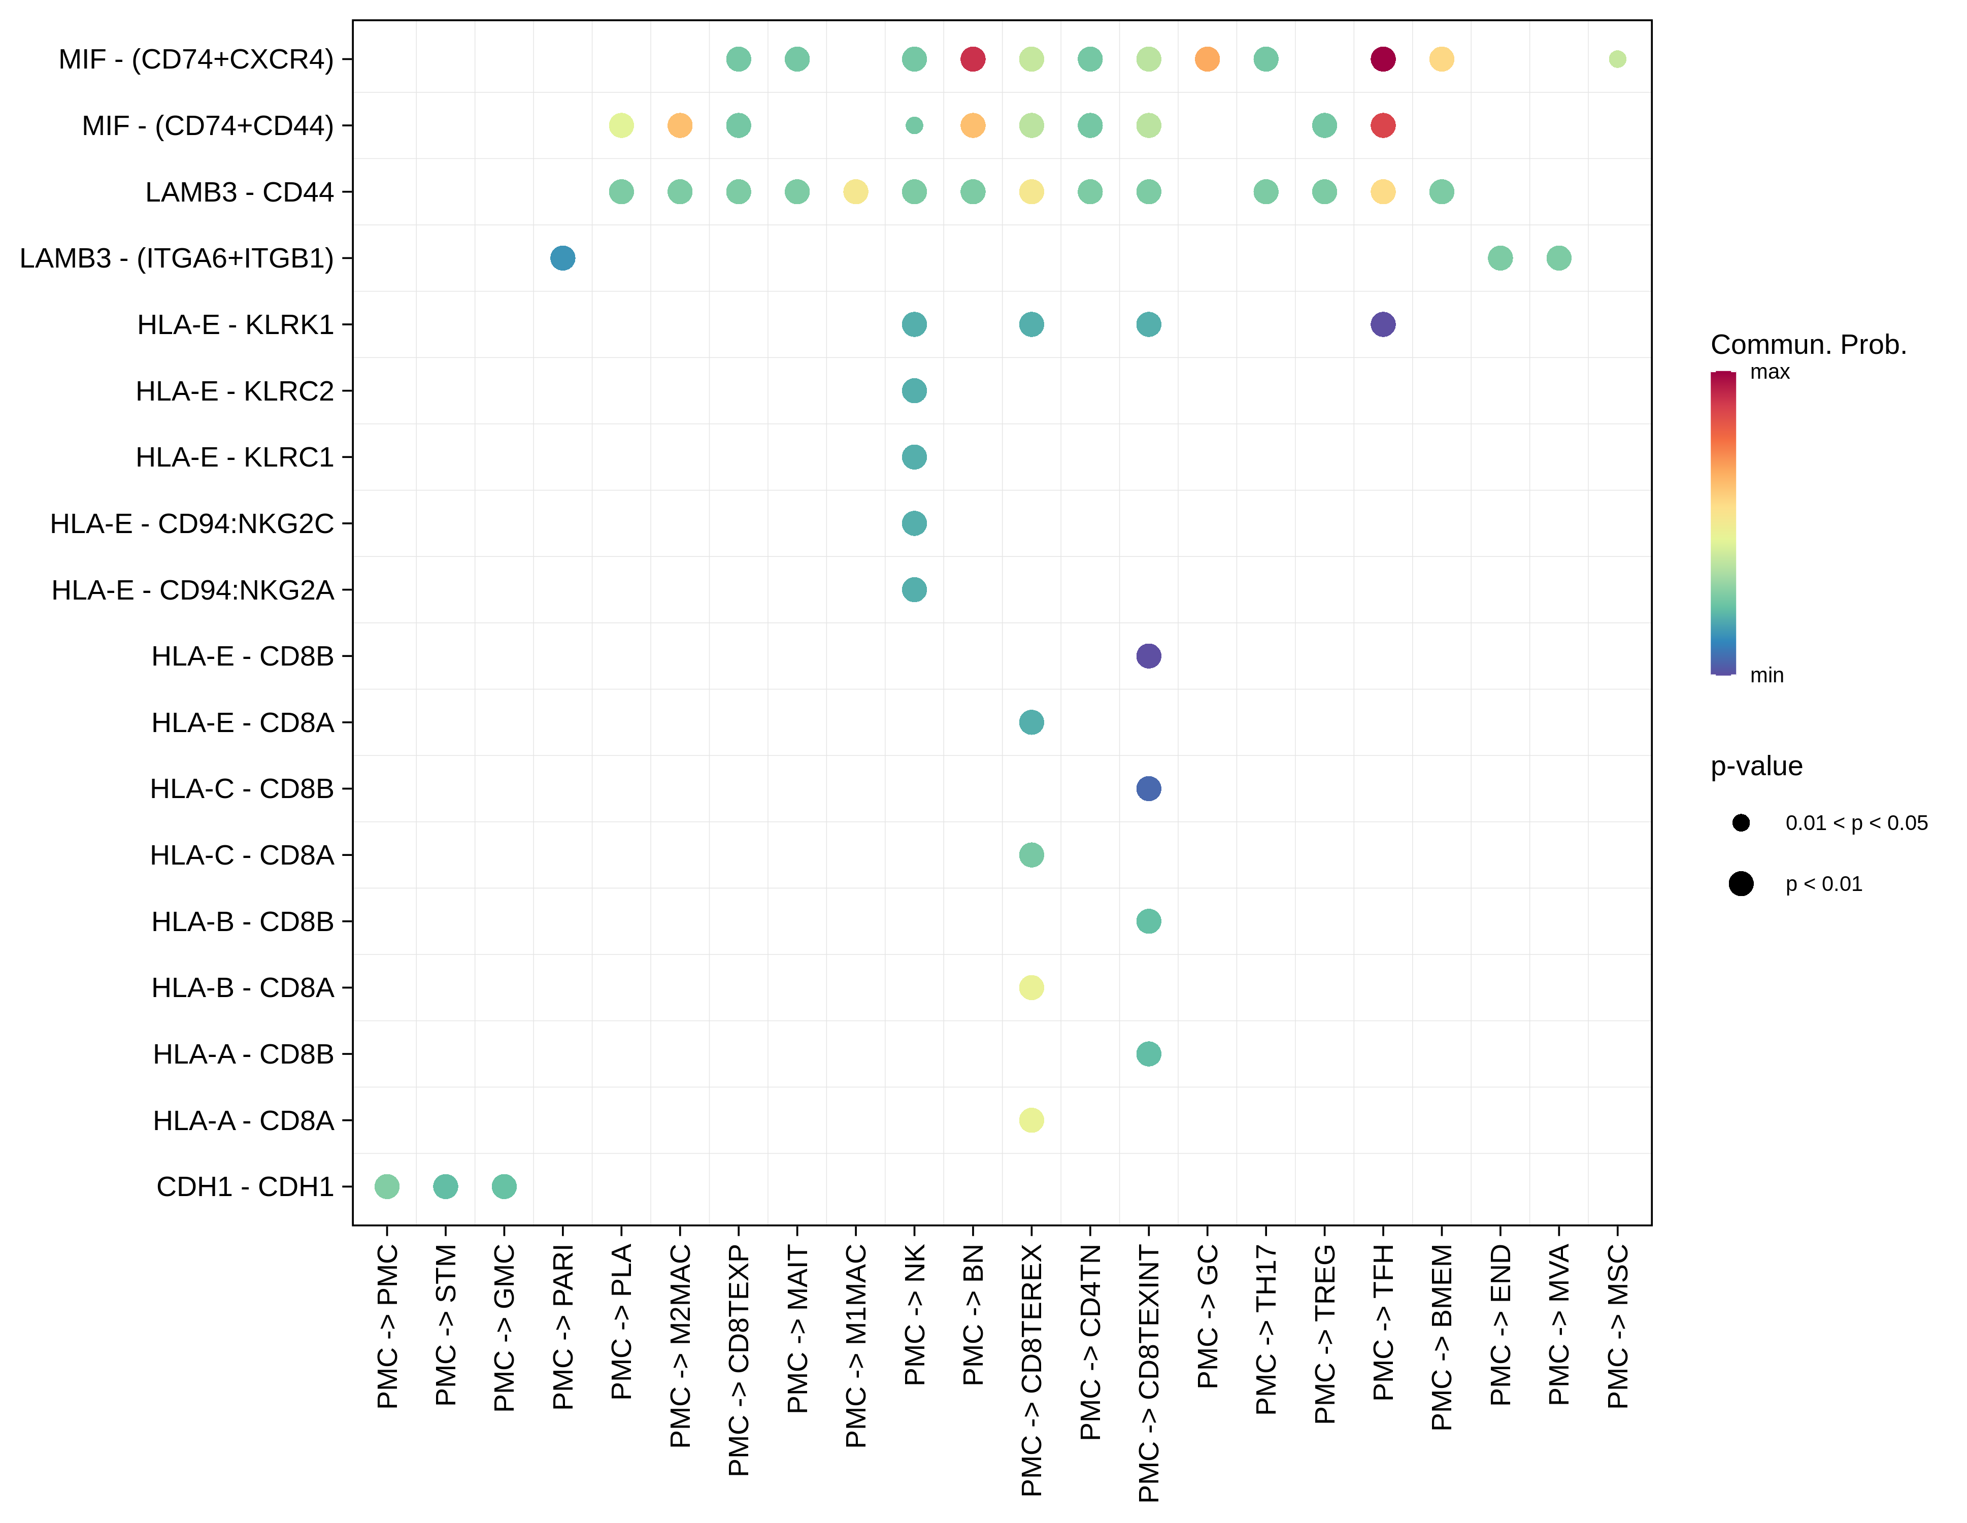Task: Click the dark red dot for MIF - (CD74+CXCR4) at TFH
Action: click(1383, 59)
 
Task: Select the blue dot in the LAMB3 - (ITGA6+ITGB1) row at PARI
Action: click(562, 258)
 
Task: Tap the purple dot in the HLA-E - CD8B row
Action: click(1148, 656)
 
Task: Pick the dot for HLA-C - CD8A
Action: click(1031, 855)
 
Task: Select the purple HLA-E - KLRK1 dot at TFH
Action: click(1383, 324)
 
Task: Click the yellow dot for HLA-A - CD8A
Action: click(1031, 1120)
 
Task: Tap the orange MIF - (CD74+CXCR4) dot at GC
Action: click(1207, 59)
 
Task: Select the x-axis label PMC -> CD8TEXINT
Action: click(1148, 1373)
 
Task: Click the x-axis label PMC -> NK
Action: click(914, 1315)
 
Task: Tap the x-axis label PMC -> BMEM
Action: click(1441, 1338)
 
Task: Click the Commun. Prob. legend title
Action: click(1808, 345)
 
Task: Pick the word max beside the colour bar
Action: click(1769, 372)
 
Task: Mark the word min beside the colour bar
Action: click(1766, 676)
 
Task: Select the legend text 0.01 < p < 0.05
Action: click(1856, 823)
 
